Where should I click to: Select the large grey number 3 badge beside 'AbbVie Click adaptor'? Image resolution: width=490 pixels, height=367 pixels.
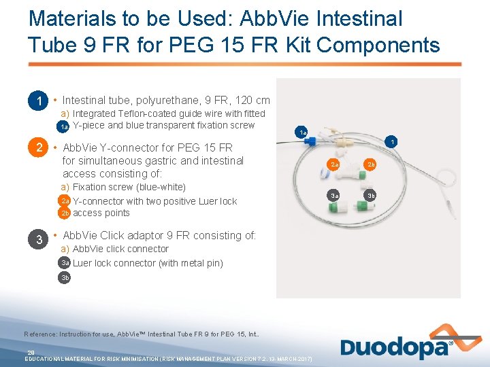39,239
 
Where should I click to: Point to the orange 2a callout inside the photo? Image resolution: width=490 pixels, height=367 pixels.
333,164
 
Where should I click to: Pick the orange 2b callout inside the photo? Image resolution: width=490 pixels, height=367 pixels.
371,164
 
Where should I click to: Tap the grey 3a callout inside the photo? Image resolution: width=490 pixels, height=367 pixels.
333,196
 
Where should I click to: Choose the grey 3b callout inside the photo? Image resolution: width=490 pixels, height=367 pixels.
371,196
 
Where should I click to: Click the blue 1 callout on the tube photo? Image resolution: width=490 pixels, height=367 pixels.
391,142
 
